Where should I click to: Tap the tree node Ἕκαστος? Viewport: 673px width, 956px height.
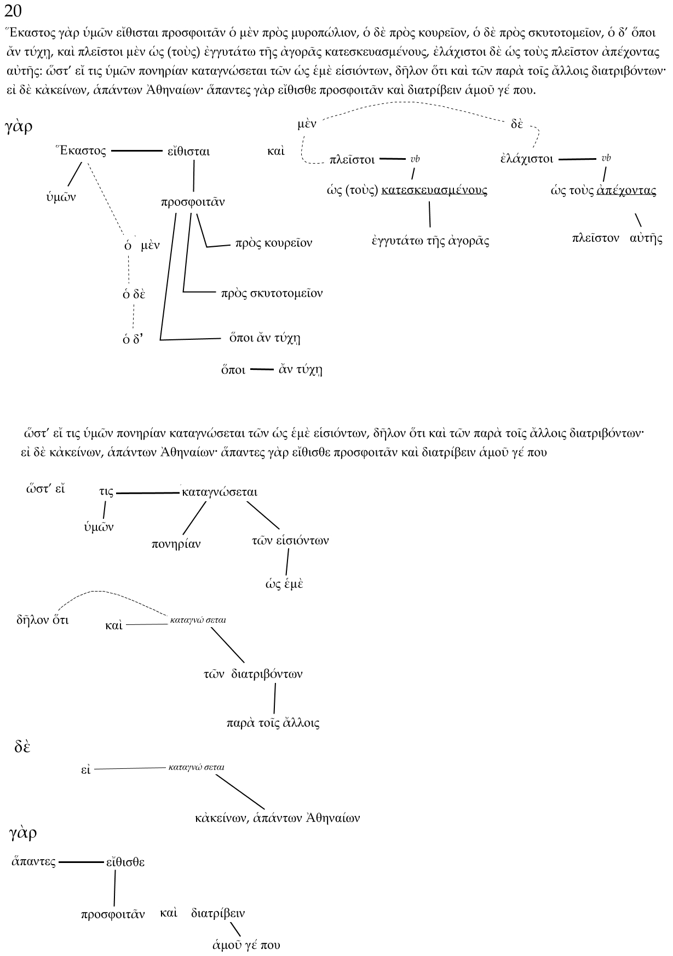coord(81,151)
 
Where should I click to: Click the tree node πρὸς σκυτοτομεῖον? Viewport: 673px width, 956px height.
coord(272,293)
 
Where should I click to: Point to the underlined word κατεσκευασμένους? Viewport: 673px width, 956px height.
coord(434,190)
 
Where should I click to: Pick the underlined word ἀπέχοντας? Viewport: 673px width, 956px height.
coord(626,190)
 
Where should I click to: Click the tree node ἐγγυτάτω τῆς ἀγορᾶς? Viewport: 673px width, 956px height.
coord(429,241)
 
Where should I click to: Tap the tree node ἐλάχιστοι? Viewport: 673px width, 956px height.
coord(526,159)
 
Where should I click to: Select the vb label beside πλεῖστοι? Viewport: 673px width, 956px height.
coord(415,159)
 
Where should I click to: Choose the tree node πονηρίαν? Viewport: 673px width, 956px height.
coord(176,544)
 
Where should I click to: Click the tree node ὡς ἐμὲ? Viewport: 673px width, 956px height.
coord(284,584)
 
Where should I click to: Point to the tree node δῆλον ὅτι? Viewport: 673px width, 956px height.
coord(42,621)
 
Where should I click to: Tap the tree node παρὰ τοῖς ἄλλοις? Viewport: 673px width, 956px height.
coord(273,723)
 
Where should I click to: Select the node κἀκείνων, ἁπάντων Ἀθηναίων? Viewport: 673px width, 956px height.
coord(277,818)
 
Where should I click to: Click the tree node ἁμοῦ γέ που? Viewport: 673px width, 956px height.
coord(246,945)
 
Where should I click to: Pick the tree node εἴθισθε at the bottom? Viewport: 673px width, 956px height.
coord(125,862)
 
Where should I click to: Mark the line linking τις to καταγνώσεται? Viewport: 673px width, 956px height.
coord(148,493)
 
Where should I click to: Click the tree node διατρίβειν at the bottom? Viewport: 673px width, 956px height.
coord(218,913)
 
